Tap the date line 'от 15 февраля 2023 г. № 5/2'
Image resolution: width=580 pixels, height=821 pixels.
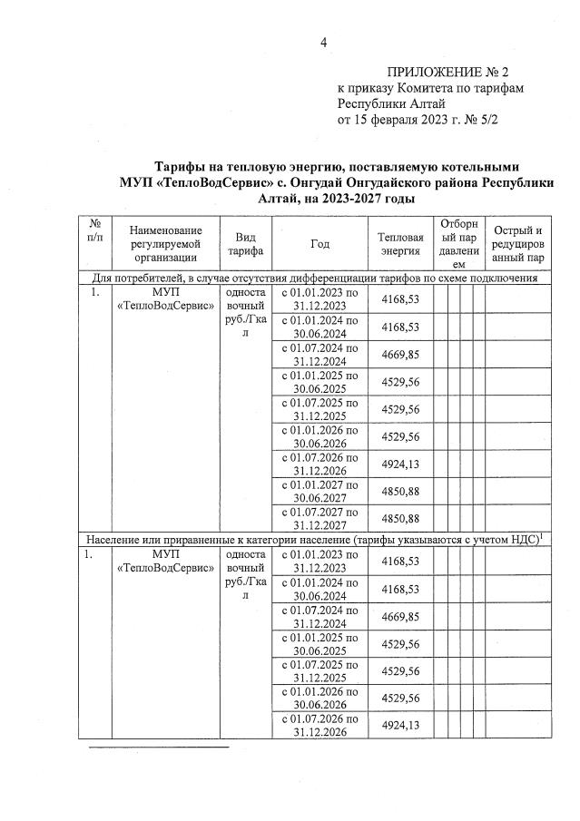418,118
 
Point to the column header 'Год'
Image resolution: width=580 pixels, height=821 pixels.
319,243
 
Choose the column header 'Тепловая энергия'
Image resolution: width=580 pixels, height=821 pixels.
399,243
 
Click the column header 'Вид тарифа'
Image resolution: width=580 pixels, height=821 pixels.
244,243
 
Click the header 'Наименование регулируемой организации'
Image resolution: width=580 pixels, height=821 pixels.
164,243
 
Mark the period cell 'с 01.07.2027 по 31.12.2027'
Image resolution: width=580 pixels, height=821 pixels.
319,518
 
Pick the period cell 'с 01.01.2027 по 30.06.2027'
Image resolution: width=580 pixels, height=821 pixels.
319,491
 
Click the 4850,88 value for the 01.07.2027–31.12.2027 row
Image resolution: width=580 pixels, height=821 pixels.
399,519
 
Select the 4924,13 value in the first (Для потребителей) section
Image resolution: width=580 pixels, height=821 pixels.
399,464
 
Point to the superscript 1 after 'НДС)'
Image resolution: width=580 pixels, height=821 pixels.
541,536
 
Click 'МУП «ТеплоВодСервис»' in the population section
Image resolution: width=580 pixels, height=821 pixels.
164,560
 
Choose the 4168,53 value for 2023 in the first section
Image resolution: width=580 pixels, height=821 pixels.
399,298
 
